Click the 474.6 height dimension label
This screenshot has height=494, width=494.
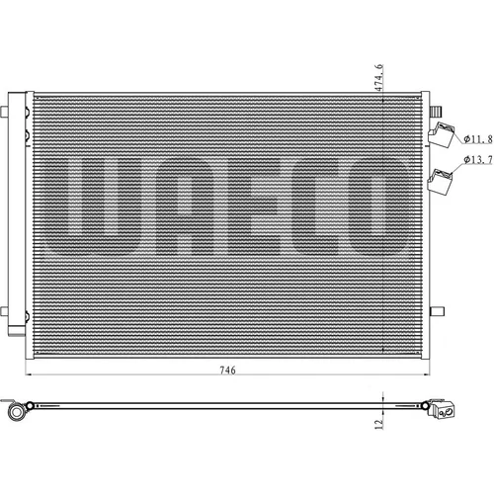point(378,78)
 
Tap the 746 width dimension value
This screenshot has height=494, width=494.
point(227,370)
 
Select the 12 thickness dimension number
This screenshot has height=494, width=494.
point(379,424)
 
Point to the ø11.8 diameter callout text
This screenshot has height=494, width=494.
point(478,139)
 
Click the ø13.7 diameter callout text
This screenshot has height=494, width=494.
point(478,160)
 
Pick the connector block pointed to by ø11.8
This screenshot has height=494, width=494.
point(442,134)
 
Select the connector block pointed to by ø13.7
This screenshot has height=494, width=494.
point(440,182)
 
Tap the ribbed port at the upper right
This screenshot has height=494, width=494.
point(436,111)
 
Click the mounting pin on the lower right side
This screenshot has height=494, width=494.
point(437,311)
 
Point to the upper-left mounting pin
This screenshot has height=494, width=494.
point(4,112)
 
